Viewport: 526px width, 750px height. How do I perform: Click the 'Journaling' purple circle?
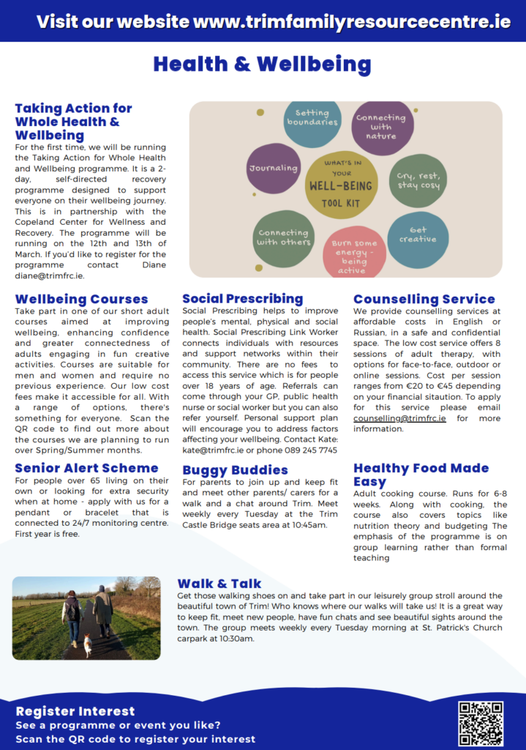point(274,168)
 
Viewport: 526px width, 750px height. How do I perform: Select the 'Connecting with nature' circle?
point(381,127)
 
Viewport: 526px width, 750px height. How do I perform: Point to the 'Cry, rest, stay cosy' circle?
point(418,180)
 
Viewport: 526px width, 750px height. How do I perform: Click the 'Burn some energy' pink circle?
point(354,253)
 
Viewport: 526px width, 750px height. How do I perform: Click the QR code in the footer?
point(481,723)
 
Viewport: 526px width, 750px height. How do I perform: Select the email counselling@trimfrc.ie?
point(399,418)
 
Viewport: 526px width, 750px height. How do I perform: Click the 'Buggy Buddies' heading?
point(235,469)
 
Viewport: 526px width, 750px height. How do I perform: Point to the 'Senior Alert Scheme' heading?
point(86,467)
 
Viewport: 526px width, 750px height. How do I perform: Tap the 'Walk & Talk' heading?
point(219,583)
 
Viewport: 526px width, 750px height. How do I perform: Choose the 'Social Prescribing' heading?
point(242,298)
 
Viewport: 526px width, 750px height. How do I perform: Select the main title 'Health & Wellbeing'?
point(262,64)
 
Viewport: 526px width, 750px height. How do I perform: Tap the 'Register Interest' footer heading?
point(75,710)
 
